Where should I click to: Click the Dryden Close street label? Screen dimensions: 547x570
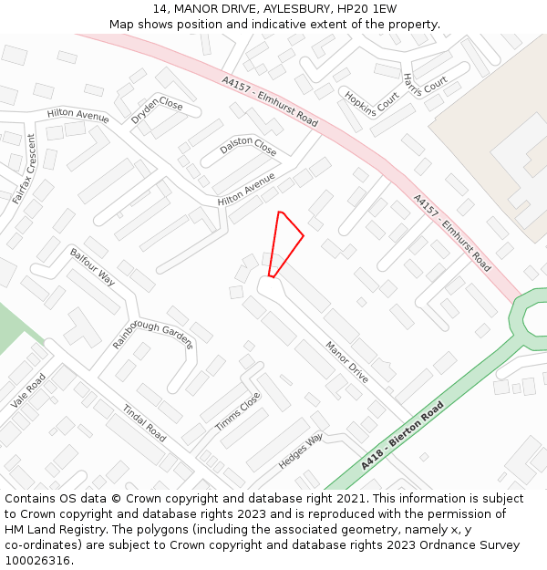157,111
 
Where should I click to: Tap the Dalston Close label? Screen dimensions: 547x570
248,146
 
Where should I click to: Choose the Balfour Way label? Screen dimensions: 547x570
92,265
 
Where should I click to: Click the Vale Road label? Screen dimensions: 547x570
28,391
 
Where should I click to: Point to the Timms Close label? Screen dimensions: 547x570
238,412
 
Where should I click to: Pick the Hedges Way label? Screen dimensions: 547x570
301,451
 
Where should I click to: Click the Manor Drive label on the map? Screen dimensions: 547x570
347,360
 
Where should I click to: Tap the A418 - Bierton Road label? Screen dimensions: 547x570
402,436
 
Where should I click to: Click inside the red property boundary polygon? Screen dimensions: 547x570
284,242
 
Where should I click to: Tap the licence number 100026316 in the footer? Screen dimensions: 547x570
38,560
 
